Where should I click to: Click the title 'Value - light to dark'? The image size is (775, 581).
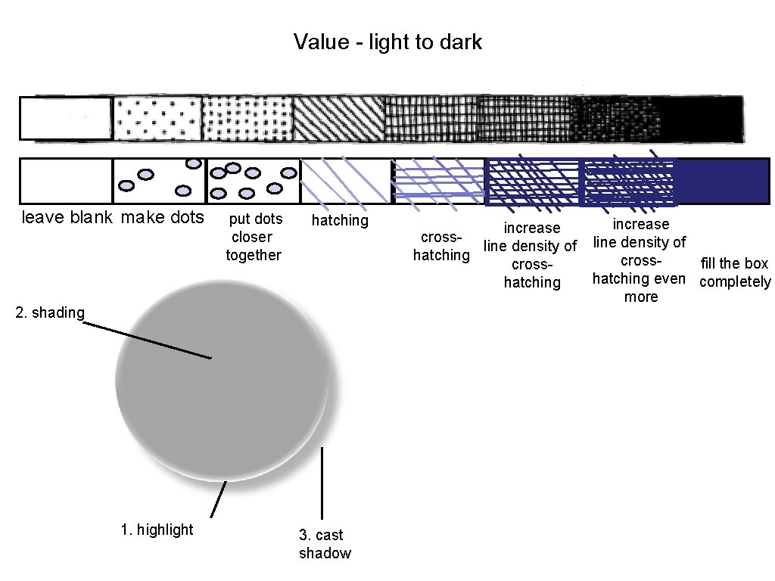coord(387,42)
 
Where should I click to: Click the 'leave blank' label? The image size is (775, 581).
coord(67,218)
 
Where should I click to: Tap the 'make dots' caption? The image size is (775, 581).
coord(162,218)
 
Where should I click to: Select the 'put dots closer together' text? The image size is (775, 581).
coord(254,237)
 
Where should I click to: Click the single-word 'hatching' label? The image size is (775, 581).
coord(340,220)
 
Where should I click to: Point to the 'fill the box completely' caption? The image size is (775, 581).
coord(734,273)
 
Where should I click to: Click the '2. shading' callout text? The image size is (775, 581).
coord(50,312)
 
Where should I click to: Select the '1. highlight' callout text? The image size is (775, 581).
coord(157,530)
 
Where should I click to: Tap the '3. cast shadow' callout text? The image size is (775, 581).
coord(325,544)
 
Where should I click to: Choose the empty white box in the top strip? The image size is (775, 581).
coord(66,118)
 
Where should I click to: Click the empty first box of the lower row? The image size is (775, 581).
coord(66,181)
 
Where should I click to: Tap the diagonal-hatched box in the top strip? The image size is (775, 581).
coord(338,119)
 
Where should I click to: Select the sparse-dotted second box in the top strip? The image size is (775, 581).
coord(157,119)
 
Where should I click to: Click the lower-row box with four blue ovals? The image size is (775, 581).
coord(159,181)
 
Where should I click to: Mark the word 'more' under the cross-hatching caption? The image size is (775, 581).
coord(640,297)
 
